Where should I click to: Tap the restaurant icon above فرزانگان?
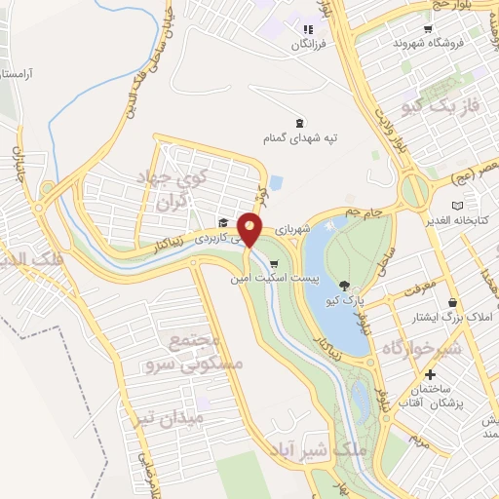[x=309, y=29]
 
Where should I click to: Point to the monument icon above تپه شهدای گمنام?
[x=299, y=124]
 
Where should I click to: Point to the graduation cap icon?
[x=222, y=222]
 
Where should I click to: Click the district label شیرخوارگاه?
[x=426, y=347]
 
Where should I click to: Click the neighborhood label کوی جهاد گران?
[x=180, y=190]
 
